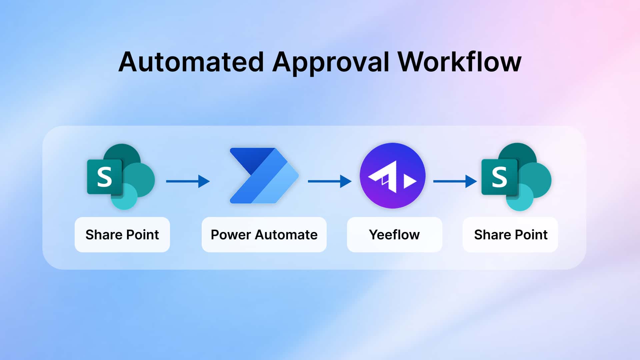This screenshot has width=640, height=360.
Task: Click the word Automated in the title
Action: coord(191,62)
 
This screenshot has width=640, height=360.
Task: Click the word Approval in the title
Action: coord(331,62)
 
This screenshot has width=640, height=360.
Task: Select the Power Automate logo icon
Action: coord(264,176)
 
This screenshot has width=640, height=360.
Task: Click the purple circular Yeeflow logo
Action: coord(392,176)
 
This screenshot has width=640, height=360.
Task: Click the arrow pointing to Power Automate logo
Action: coord(188,181)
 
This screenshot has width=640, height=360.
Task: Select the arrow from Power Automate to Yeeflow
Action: coord(329,181)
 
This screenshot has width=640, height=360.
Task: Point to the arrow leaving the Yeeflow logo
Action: coord(455,181)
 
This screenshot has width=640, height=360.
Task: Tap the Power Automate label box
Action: coord(264,235)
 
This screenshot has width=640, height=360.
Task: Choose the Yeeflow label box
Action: coord(394,235)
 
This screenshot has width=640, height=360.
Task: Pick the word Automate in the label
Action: coord(286,235)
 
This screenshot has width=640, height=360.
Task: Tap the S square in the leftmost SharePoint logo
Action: coord(104,177)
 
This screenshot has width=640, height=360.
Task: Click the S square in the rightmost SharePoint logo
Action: coord(499,177)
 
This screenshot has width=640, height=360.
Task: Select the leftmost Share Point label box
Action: coord(122,235)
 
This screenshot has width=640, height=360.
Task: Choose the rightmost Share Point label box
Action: coord(510,235)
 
